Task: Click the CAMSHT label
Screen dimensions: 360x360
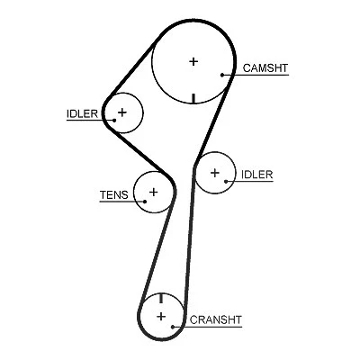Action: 265,68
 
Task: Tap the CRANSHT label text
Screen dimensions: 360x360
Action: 216,319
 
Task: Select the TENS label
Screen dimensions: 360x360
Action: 114,195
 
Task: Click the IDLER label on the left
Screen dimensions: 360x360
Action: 82,113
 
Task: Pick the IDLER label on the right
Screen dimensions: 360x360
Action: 257,175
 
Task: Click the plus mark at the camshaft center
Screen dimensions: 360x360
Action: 193,61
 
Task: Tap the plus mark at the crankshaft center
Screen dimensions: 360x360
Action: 161,316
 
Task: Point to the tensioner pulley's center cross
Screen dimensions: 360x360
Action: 153,192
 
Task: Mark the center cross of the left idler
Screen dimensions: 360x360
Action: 122,112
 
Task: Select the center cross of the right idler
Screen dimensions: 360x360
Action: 215,173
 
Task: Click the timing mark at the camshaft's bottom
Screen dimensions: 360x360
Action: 193,98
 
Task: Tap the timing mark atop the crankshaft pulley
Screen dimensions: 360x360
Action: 161,298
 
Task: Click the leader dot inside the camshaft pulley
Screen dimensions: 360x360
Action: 222,75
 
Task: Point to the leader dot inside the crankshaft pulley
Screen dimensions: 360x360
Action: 173,327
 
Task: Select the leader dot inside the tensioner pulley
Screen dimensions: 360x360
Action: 145,202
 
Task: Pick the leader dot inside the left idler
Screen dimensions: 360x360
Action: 114,121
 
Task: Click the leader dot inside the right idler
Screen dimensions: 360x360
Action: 226,181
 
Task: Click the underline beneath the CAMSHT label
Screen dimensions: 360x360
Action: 256,75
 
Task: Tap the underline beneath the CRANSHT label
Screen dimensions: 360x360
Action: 207,327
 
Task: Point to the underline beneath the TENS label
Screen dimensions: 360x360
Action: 122,202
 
